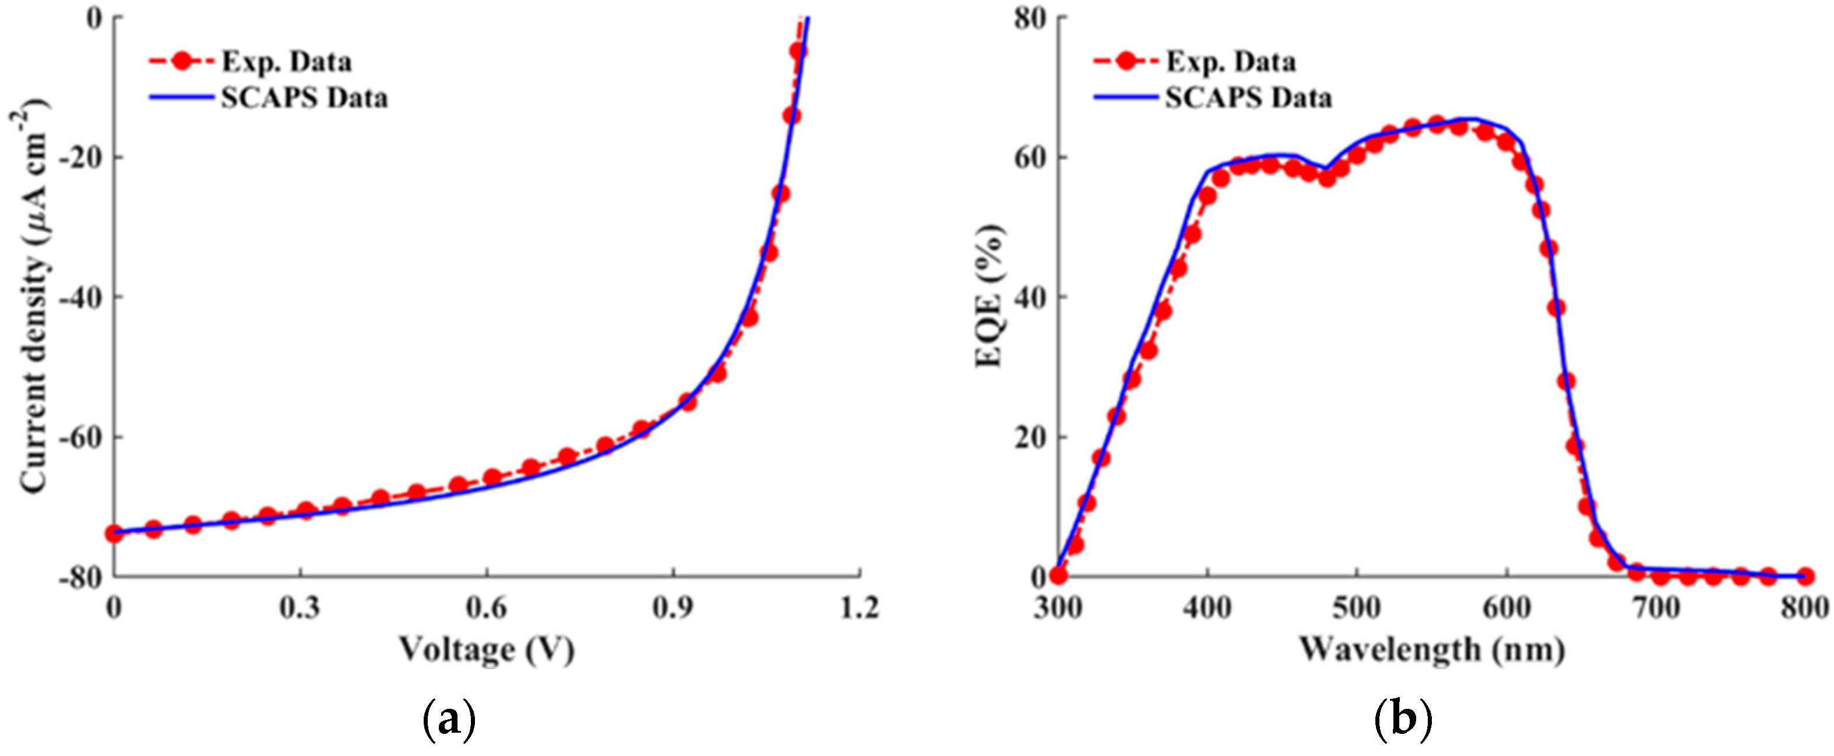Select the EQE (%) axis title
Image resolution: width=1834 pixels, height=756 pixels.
[990, 296]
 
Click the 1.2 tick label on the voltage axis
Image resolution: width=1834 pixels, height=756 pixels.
[860, 609]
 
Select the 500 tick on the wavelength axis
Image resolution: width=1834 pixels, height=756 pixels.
[1356, 609]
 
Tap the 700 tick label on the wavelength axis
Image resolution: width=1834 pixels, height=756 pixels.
[1656, 609]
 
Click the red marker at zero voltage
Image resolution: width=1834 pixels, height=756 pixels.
[114, 533]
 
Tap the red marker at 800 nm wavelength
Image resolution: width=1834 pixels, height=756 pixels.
[1805, 576]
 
